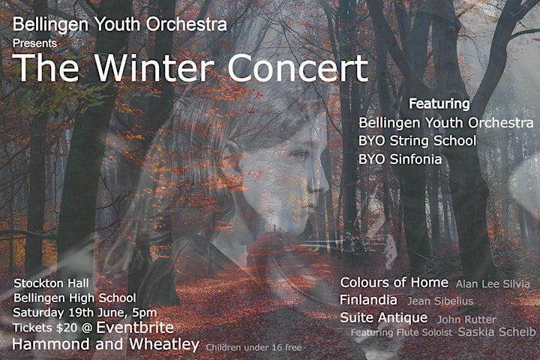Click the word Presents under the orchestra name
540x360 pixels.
(x=34, y=43)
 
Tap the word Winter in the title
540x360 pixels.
(x=154, y=67)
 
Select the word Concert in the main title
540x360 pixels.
(x=298, y=67)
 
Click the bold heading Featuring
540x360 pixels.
(x=439, y=104)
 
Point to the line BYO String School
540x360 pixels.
(x=418, y=141)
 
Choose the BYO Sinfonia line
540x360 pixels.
(x=400, y=159)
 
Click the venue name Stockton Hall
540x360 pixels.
(x=51, y=283)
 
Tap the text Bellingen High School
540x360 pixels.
(x=75, y=298)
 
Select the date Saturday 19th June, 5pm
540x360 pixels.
(x=85, y=313)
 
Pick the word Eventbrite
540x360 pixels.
(x=135, y=327)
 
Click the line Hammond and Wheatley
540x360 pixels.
(x=106, y=344)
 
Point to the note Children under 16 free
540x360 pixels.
(x=253, y=347)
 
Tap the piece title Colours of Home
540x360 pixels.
(x=394, y=283)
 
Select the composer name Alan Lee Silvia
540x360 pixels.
(x=493, y=283)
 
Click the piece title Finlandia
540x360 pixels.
(x=368, y=300)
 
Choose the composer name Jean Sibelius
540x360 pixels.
(x=440, y=301)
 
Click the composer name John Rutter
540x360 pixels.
(x=466, y=319)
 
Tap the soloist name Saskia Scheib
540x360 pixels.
(x=497, y=331)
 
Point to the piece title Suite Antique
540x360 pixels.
(x=384, y=318)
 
